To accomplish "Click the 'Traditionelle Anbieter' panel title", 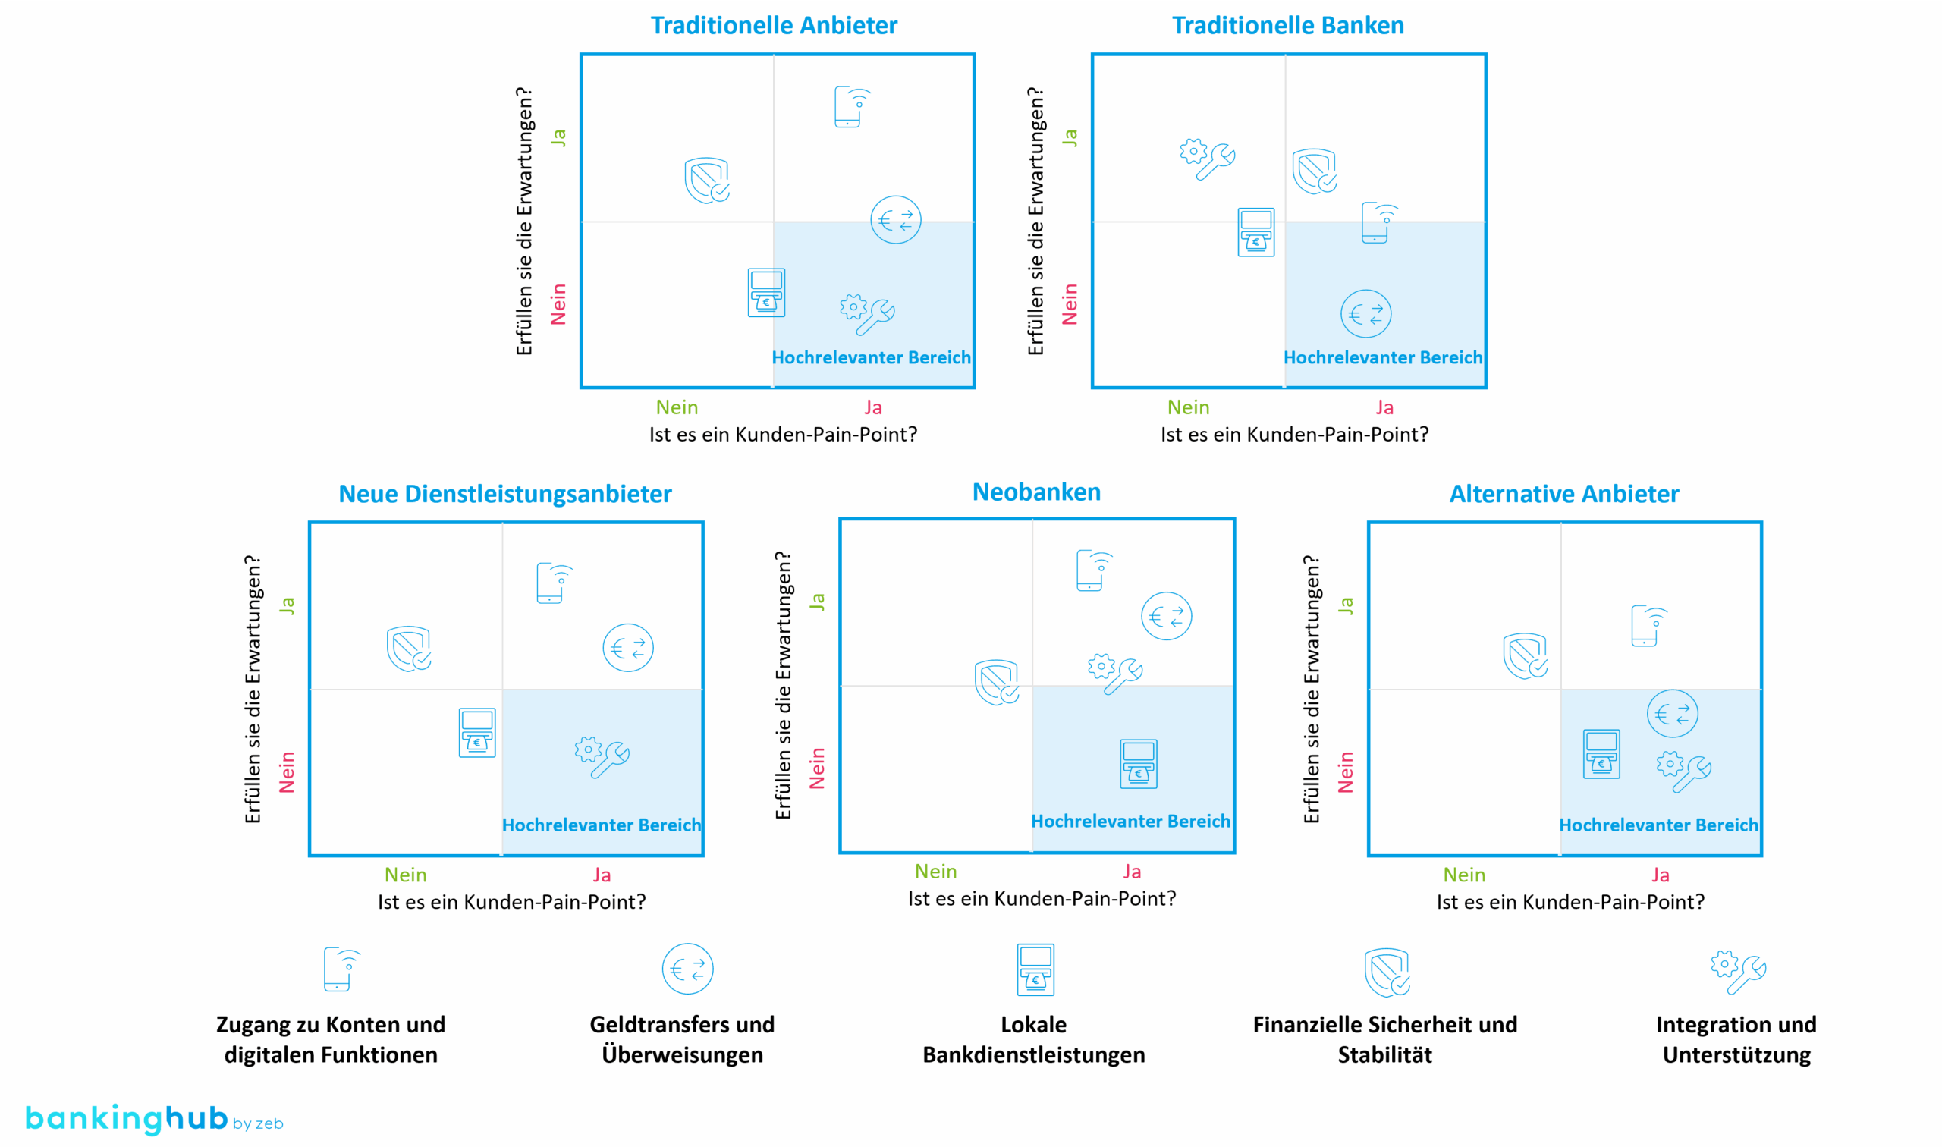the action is click(x=774, y=26).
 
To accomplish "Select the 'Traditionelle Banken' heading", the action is click(x=1287, y=26).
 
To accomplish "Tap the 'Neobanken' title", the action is click(x=1036, y=492).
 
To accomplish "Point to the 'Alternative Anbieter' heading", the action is click(x=1563, y=494).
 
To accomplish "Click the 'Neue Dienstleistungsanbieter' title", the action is click(x=504, y=494).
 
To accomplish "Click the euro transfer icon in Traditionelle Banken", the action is click(x=1365, y=314).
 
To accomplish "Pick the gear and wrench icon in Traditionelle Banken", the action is click(x=1207, y=159).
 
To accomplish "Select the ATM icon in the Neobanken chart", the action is click(x=1139, y=764).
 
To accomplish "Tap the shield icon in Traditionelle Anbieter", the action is click(x=707, y=181).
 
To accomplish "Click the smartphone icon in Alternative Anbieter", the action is click(x=1648, y=625).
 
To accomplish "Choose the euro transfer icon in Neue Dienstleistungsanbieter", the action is click(x=627, y=648).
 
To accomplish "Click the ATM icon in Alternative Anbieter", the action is click(x=1601, y=754).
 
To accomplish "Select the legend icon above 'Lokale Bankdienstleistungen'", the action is click(x=1035, y=969).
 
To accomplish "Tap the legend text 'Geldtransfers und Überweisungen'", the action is click(x=681, y=1039).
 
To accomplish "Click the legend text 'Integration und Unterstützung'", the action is click(x=1736, y=1039).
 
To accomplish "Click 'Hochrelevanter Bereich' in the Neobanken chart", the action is click(x=1130, y=821).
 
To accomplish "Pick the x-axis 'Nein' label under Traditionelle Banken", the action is click(x=1188, y=407).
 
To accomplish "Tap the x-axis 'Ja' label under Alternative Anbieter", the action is click(x=1660, y=875).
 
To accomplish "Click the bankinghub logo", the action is click(x=154, y=1119).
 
